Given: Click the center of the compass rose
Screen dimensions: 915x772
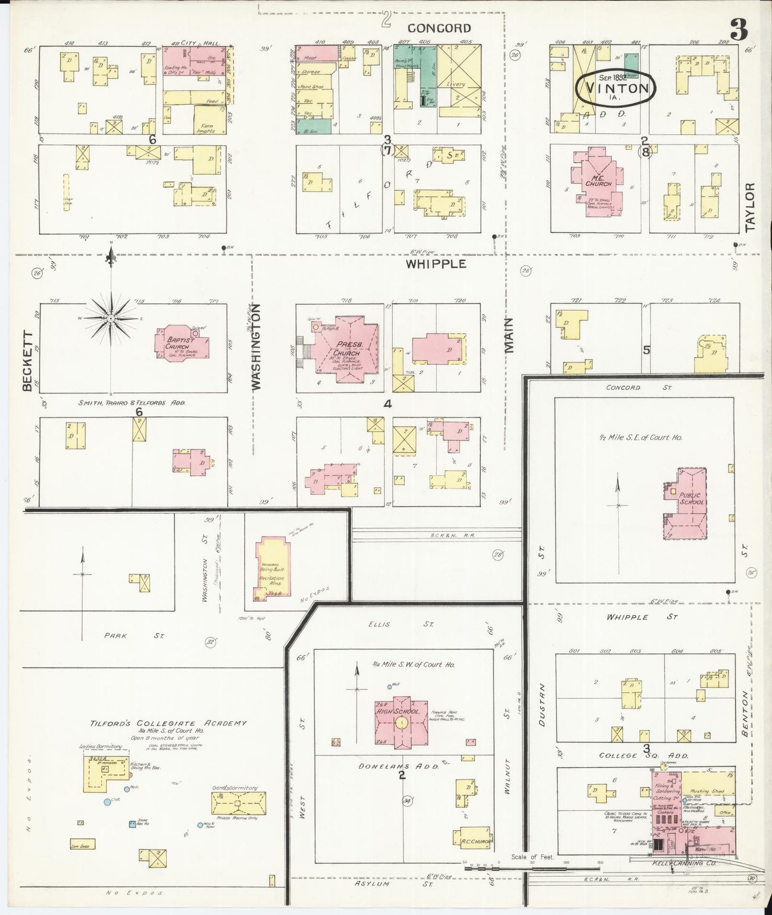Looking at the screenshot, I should coord(111,318).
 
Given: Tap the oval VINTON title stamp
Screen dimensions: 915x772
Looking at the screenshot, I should coord(615,88).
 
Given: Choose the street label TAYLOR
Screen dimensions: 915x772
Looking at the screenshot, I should coord(750,207).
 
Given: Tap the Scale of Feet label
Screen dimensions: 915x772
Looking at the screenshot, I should coord(532,857).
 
